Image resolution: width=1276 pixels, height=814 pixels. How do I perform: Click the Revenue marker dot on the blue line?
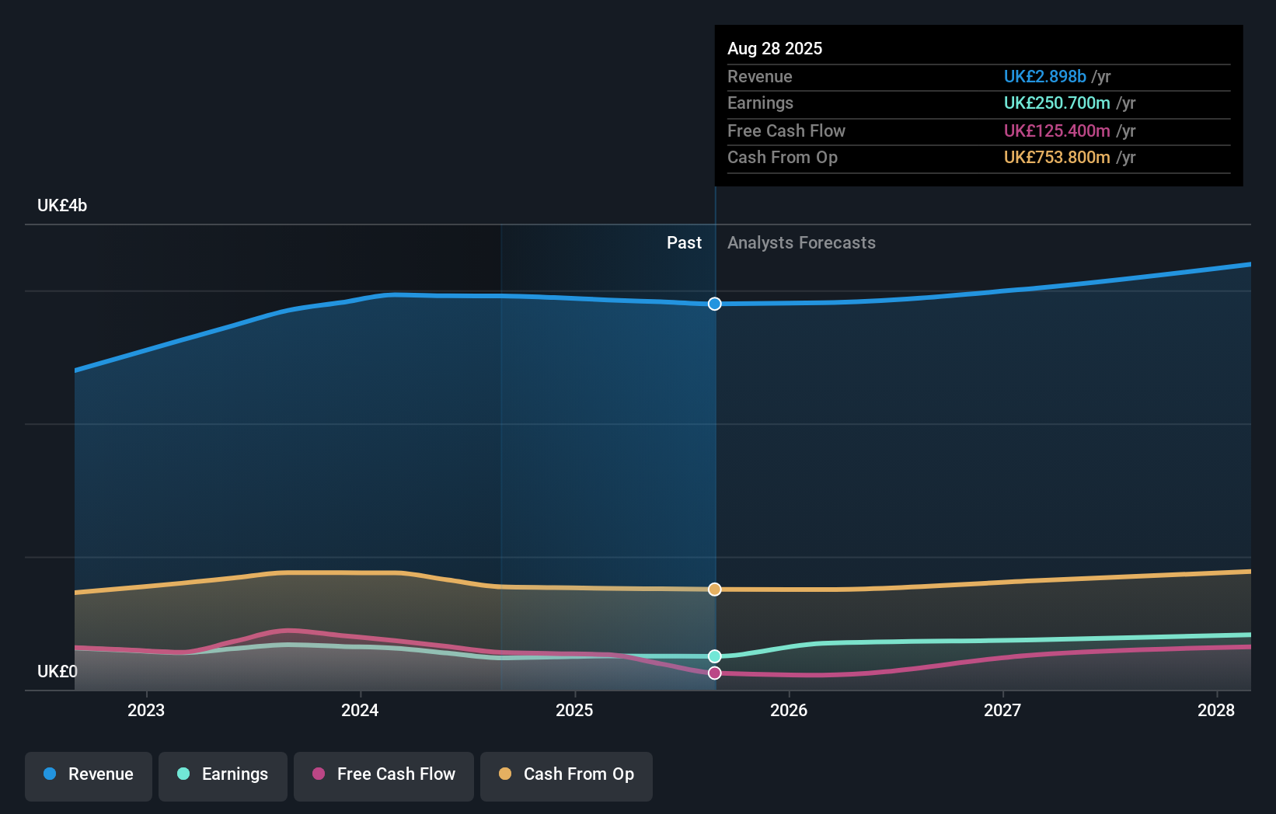click(x=715, y=304)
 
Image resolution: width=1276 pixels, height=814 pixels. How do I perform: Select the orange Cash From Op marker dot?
click(x=715, y=590)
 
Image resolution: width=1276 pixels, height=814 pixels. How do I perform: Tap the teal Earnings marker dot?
click(x=715, y=656)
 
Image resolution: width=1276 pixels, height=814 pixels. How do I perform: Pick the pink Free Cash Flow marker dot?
click(x=715, y=673)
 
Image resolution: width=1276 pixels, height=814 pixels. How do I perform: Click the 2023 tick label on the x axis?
click(x=146, y=710)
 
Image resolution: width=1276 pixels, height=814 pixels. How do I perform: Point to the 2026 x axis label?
click(x=789, y=710)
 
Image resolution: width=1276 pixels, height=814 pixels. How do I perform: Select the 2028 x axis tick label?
click(x=1216, y=710)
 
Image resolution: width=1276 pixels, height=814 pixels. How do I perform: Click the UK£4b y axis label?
click(x=62, y=206)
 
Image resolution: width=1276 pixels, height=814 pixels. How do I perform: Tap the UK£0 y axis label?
click(x=58, y=671)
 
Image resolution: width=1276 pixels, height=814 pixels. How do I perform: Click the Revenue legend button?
click(x=89, y=774)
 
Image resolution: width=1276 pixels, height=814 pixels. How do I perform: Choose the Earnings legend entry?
click(x=223, y=774)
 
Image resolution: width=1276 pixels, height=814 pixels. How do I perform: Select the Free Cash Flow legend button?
click(x=384, y=774)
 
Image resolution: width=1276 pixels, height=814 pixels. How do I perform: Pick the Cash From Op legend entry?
click(x=567, y=774)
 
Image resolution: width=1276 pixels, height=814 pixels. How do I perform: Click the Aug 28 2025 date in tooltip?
click(x=775, y=48)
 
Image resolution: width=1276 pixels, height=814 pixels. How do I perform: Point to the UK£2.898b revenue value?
click(x=1044, y=76)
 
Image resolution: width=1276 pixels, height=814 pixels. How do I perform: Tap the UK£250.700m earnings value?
click(x=1056, y=103)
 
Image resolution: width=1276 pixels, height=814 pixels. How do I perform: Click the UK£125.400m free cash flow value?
click(x=1056, y=130)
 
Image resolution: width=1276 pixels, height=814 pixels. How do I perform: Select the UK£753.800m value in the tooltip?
click(x=1056, y=158)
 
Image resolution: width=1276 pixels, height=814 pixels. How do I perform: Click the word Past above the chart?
click(x=684, y=243)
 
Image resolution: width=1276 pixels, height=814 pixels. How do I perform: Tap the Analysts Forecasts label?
click(x=801, y=243)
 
